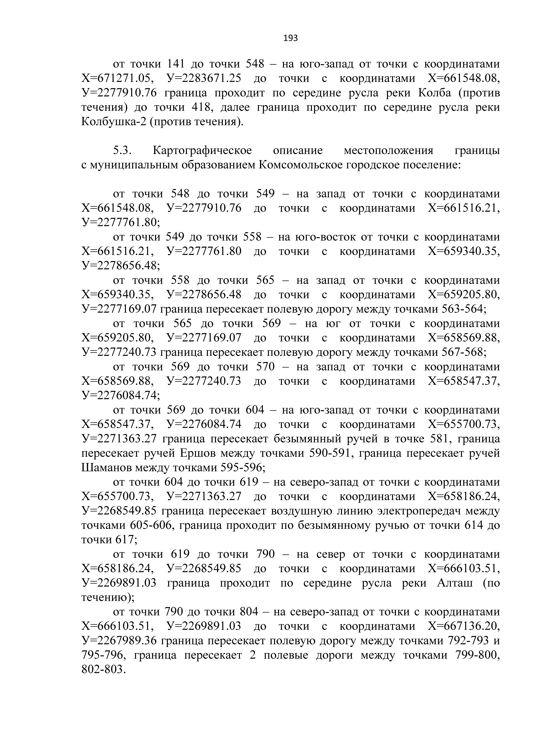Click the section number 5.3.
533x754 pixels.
tap(122, 150)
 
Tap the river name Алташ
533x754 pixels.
tap(455, 583)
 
